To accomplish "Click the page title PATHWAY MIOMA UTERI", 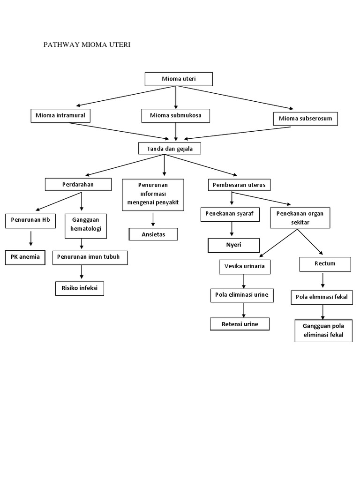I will [87, 45].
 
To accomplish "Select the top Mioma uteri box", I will [179, 79].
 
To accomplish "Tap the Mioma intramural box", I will [60, 115].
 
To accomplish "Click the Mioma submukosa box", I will [175, 115].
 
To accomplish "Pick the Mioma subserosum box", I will [305, 119].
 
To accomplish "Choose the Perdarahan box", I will [78, 185].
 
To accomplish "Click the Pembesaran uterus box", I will [239, 185].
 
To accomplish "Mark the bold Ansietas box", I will [153, 234].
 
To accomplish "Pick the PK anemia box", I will [25, 258].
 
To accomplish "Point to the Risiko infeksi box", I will [79, 289].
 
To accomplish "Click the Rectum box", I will [325, 264].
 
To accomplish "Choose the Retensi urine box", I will [239, 324].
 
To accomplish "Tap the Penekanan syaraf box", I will [230, 214].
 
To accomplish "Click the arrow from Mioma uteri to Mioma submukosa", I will [176, 97].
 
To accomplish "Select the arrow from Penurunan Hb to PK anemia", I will [30, 239].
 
